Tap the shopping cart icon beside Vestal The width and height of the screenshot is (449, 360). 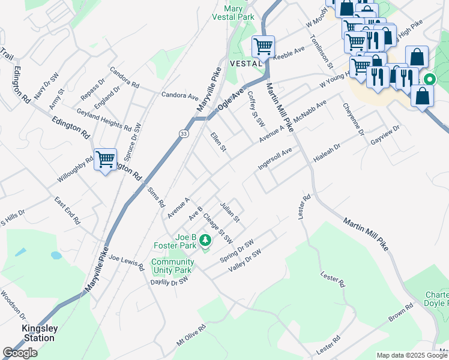point(262,46)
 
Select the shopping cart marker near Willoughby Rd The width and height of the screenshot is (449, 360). point(106,159)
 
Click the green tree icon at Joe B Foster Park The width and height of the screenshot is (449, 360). point(206,241)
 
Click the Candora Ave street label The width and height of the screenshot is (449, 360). point(179,95)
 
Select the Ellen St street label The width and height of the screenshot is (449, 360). point(218,143)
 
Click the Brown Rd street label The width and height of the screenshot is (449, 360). point(400,314)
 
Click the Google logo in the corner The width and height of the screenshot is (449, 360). point(20,353)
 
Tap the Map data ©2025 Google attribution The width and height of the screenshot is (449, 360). point(411,355)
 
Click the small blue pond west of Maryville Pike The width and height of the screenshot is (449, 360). point(56,255)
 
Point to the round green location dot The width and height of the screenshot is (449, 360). point(429,79)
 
